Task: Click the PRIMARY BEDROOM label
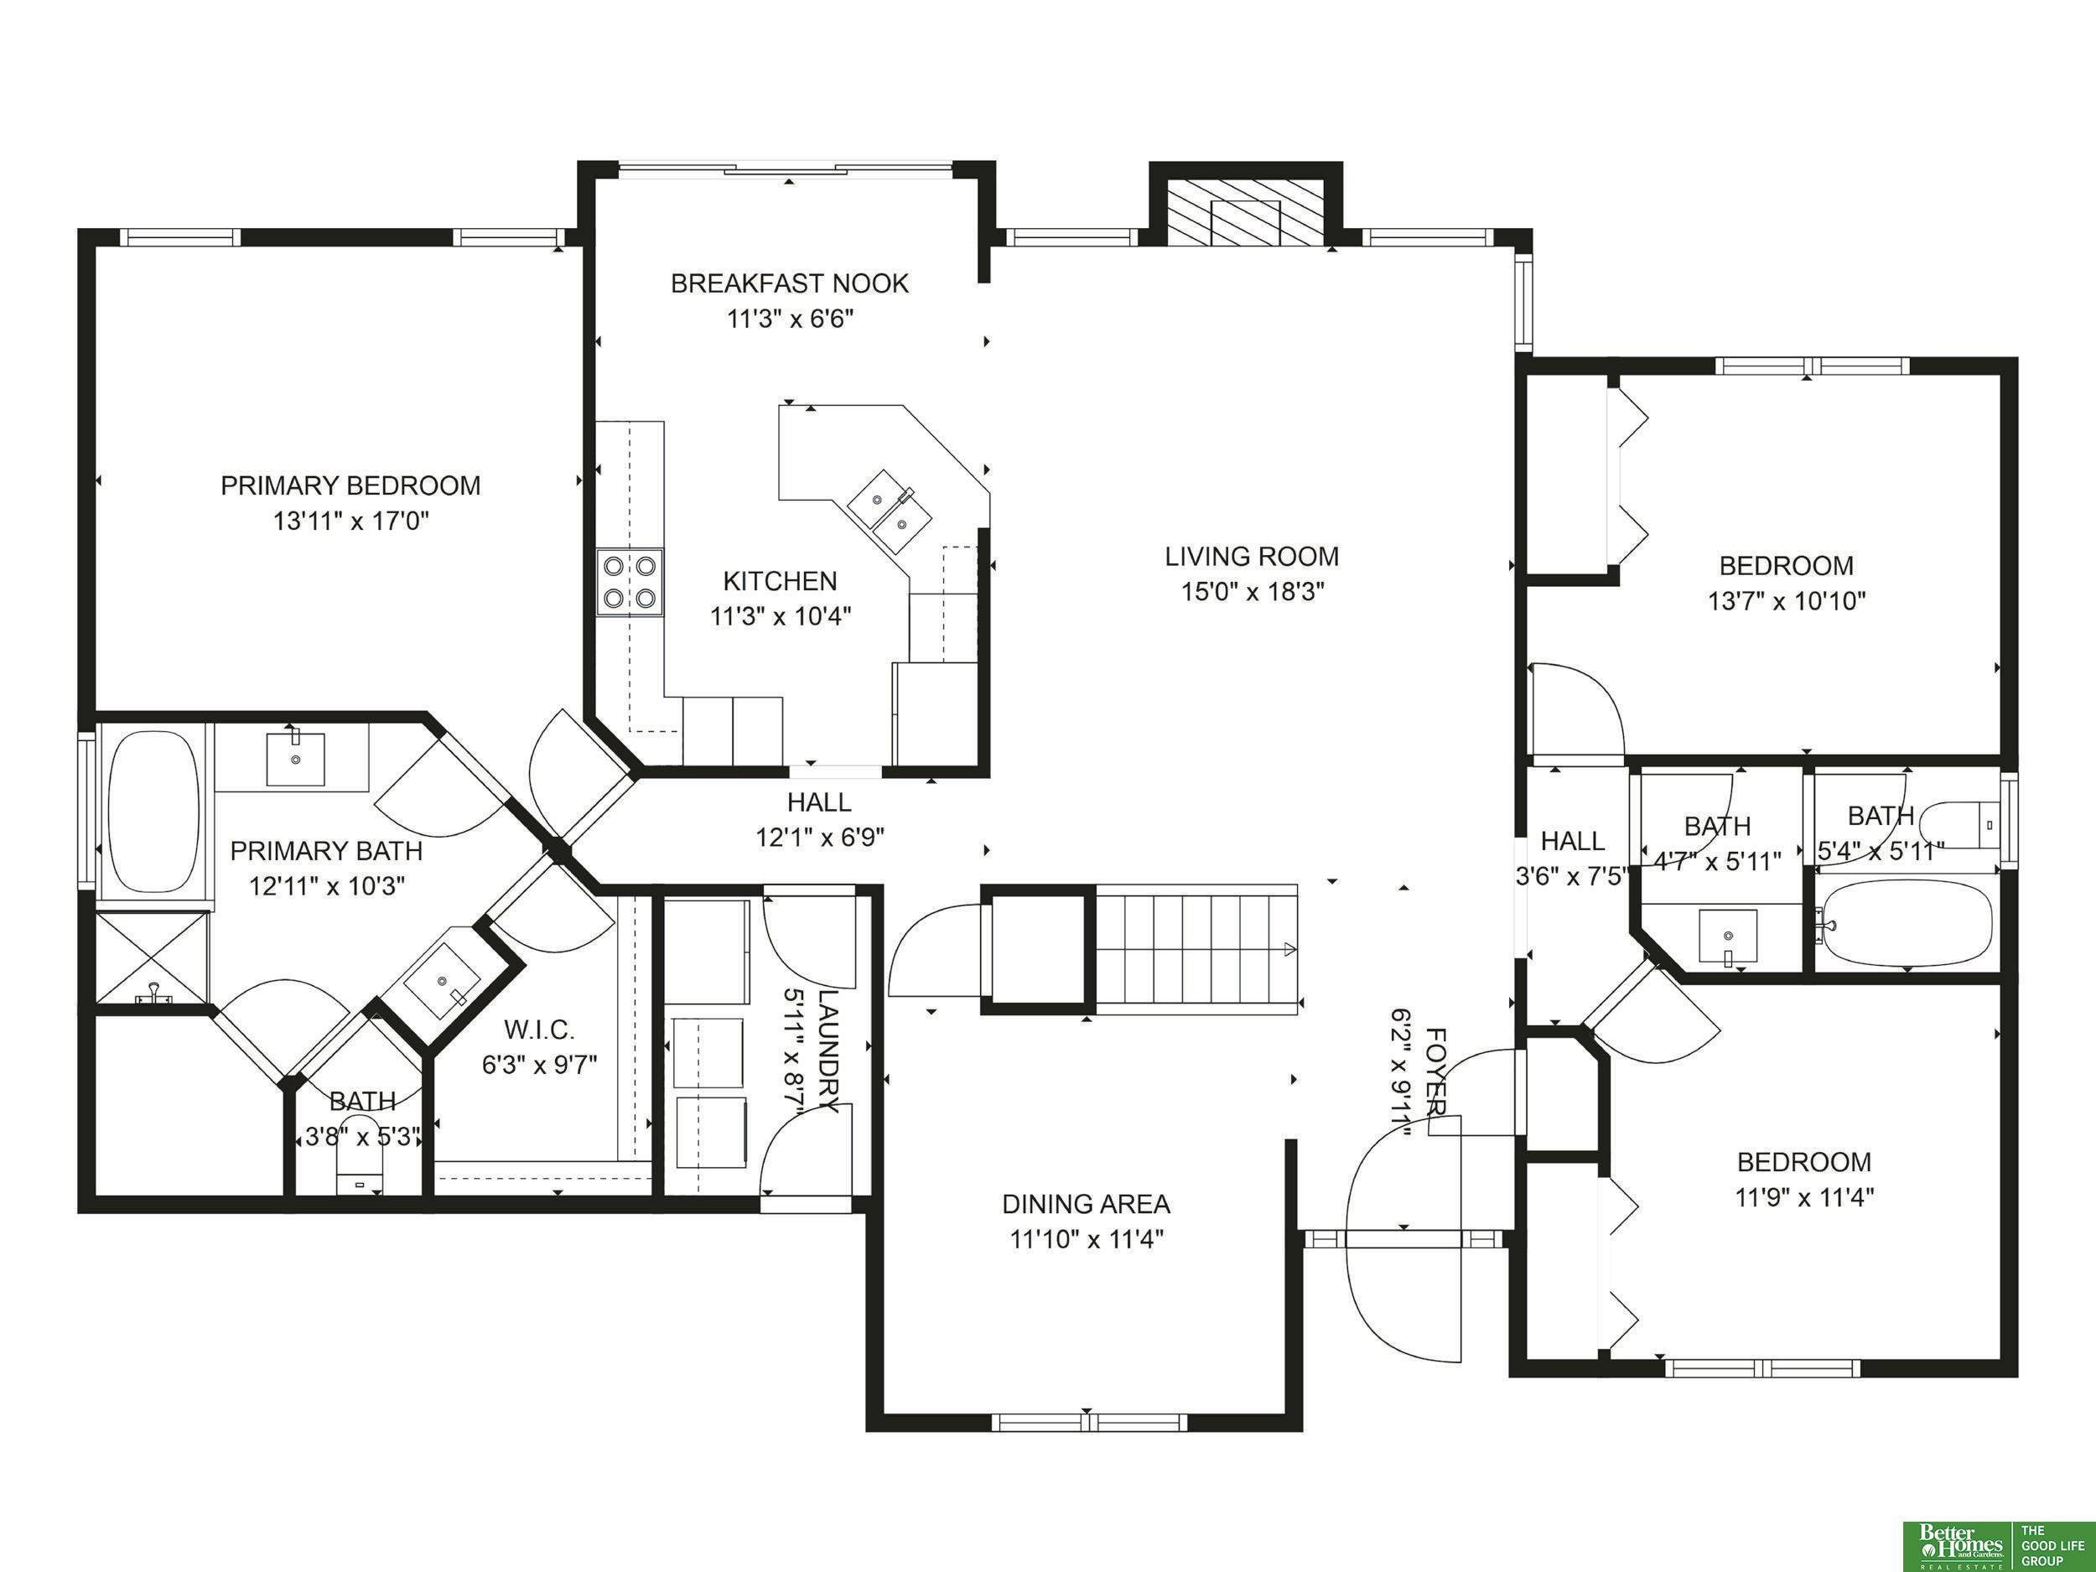click(350, 485)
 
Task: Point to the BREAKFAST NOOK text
click(789, 283)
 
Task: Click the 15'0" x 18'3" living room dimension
click(1252, 592)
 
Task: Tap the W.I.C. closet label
click(539, 1029)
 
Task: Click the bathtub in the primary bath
click(153, 810)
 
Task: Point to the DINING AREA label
click(1086, 1203)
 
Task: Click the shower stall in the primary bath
click(152, 957)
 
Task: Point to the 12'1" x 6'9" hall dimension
click(820, 838)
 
